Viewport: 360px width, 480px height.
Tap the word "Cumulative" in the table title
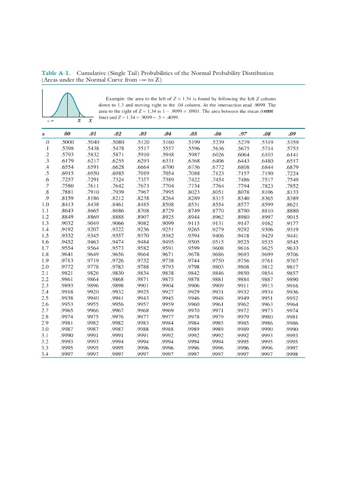(x=92, y=73)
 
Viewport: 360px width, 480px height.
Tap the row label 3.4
(x=45, y=354)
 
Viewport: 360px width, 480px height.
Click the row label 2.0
(x=45, y=267)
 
